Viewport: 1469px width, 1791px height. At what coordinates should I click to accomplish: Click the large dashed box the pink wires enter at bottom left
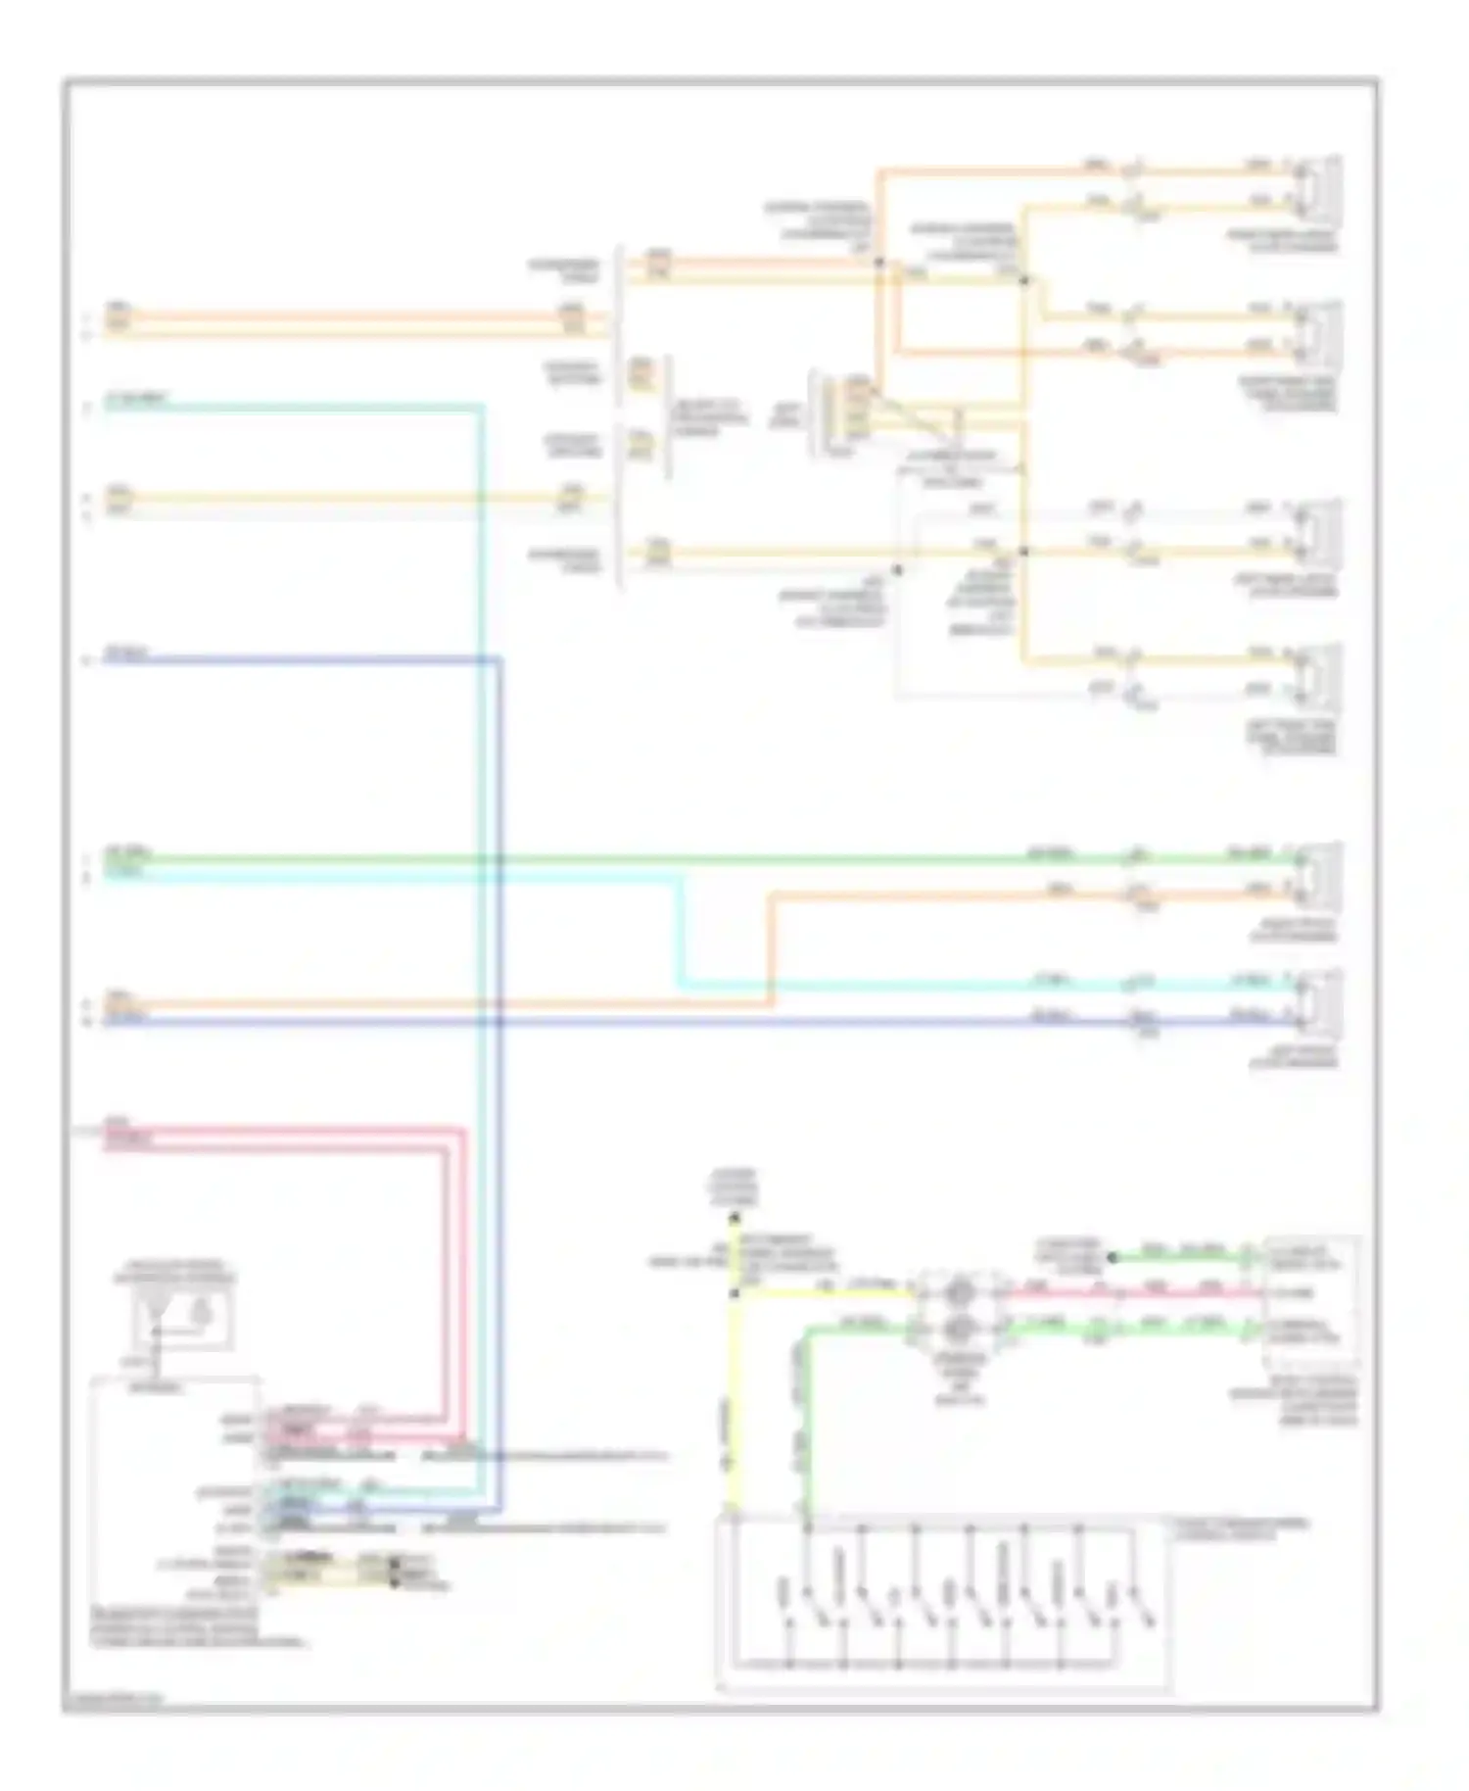176,1509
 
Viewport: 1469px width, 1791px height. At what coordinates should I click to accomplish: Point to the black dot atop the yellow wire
734,1218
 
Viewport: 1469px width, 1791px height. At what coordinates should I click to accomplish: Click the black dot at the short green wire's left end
1113,1256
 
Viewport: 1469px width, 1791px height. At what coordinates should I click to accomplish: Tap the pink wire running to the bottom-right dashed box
1126,1293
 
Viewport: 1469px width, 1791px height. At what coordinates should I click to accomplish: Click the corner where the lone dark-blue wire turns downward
499,660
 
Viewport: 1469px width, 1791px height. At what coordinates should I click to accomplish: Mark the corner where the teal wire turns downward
481,406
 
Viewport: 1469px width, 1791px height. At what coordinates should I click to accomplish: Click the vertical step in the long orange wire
772,948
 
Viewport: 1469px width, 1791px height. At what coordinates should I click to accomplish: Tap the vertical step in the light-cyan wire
680,931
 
